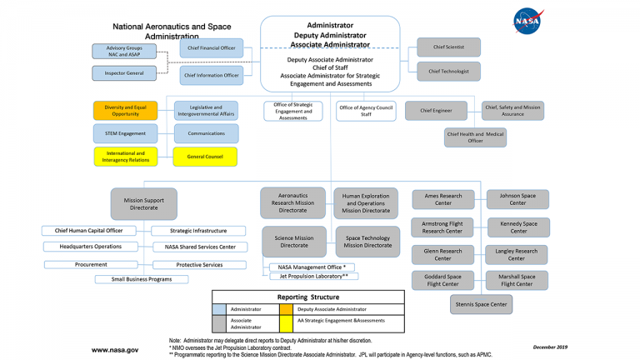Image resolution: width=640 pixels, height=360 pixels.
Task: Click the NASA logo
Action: (x=527, y=21)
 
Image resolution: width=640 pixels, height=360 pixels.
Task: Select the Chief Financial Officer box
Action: (x=212, y=48)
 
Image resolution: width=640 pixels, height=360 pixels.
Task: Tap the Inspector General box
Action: (x=124, y=73)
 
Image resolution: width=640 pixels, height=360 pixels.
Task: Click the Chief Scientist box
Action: (x=448, y=47)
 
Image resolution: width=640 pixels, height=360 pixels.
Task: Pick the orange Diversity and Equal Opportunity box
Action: (x=125, y=111)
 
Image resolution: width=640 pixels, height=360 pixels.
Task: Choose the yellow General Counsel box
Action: (x=205, y=157)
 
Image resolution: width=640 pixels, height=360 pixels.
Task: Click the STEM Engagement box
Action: (x=125, y=133)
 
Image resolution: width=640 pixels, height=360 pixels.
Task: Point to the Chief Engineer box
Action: (x=436, y=111)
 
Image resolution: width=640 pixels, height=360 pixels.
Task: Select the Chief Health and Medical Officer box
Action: (x=475, y=137)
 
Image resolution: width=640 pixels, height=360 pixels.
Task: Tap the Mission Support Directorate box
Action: (x=143, y=204)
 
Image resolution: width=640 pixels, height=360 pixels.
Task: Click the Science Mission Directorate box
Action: (x=294, y=242)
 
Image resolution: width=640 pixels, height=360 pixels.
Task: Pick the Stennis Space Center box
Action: (x=481, y=304)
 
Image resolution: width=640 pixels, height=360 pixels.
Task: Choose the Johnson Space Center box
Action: (x=517, y=200)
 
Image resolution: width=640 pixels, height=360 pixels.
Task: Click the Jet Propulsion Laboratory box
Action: (x=313, y=277)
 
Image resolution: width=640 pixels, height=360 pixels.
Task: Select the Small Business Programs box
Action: (x=142, y=279)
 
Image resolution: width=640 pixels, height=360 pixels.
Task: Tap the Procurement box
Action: (x=91, y=264)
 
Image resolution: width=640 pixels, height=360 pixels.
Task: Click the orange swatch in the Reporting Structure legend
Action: (x=286, y=309)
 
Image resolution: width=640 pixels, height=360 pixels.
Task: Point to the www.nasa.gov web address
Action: (x=115, y=350)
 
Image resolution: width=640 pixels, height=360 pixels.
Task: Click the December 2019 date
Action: (x=550, y=347)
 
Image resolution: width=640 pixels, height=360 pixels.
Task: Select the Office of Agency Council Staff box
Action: (x=366, y=111)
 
